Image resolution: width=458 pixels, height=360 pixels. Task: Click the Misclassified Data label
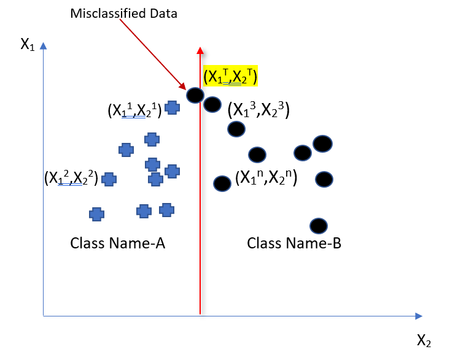[x=123, y=13]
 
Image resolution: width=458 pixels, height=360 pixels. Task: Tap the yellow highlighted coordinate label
[x=230, y=77]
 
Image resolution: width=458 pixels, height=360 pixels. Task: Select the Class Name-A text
[x=118, y=243]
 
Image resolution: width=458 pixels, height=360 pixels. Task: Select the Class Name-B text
[x=293, y=243]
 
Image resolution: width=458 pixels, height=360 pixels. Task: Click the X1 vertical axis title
[x=28, y=45]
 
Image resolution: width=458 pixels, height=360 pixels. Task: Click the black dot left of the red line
[x=195, y=95]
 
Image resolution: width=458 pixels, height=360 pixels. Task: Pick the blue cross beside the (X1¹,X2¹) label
[x=173, y=107]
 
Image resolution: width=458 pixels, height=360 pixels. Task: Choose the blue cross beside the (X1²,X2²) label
[x=109, y=179]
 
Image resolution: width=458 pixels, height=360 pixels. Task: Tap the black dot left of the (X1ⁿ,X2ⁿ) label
[x=222, y=183]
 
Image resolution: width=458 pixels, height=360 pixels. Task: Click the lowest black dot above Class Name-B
[x=318, y=226]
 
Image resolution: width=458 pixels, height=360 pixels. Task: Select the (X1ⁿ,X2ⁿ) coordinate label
[x=266, y=179]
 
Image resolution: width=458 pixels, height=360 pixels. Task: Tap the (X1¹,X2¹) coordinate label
[x=134, y=110]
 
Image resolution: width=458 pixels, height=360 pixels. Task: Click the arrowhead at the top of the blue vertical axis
[x=43, y=45]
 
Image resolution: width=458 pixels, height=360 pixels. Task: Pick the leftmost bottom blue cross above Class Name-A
[x=96, y=214]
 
